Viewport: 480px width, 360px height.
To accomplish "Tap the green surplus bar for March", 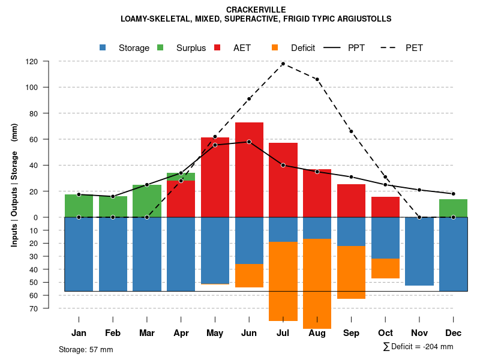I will pos(147,201).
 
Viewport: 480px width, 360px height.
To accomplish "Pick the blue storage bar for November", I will pos(419,251).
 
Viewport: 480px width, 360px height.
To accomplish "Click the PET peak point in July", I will pos(283,64).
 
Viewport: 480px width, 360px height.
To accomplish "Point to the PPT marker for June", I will pos(249,142).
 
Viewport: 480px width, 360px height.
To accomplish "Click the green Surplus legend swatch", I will pos(161,48).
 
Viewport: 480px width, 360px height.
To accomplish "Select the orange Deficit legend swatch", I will pos(275,48).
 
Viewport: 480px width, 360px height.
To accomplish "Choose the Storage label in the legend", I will pos(134,48).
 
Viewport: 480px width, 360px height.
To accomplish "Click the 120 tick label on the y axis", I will pos(32,61).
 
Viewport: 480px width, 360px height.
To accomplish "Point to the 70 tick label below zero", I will pos(34,308).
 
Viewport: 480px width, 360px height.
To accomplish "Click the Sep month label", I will pos(351,333).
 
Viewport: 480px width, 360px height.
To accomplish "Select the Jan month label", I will pos(79,333).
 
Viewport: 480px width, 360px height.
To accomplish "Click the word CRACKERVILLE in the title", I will pos(256,10).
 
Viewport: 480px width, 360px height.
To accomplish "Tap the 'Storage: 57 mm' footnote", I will pos(86,349).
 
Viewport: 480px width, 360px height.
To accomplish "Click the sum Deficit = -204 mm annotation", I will pos(418,347).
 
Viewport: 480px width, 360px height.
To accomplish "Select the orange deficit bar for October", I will pos(385,268).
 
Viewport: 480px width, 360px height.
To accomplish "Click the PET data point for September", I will pos(351,131).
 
